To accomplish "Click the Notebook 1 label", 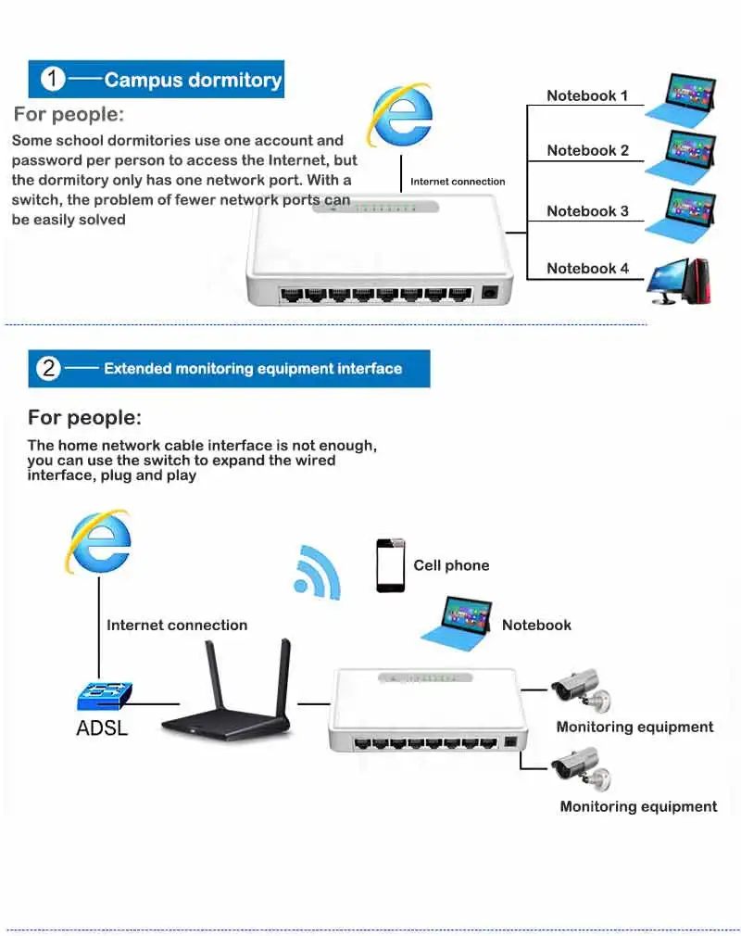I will point(587,95).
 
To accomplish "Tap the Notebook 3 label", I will point(587,211).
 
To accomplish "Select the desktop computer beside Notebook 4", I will point(679,282).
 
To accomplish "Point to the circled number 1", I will point(54,80).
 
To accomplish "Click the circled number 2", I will point(48,369).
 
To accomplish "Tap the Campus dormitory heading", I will point(193,80).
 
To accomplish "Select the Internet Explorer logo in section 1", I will point(400,116).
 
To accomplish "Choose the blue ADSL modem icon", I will point(104,696).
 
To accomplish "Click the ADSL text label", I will point(102,727).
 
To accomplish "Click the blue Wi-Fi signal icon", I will point(316,572).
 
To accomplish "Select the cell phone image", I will point(390,565).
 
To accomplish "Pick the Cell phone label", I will point(451,565).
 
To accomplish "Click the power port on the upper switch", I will point(489,293).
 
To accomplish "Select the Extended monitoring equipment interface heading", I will point(253,369).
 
